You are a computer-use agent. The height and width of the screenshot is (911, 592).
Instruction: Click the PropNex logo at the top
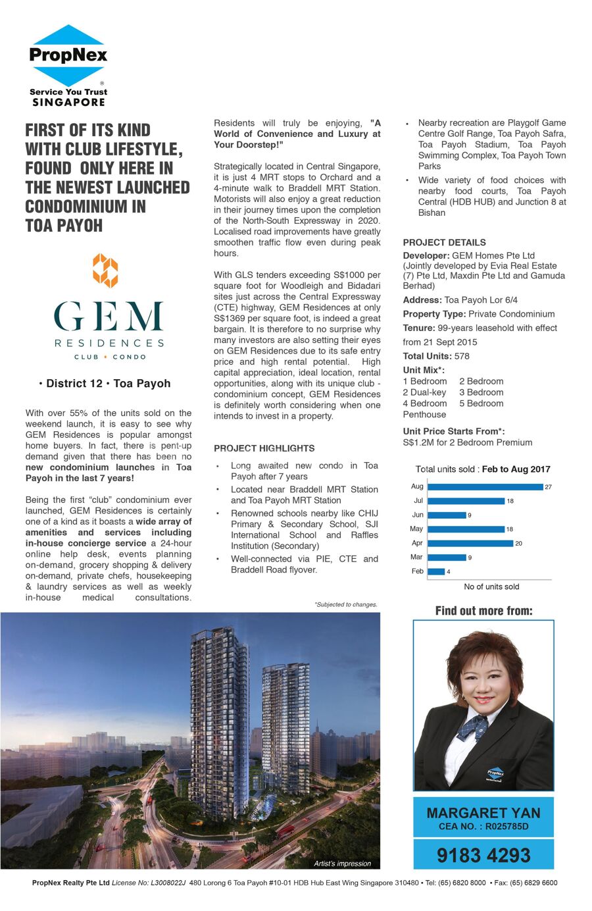pyautogui.click(x=68, y=65)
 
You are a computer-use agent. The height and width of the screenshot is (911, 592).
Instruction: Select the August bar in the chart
pyautogui.click(x=485, y=487)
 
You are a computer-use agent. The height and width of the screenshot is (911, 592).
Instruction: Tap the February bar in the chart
pyautogui.click(x=436, y=571)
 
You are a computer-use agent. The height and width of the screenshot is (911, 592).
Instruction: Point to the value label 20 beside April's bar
pyautogui.click(x=518, y=544)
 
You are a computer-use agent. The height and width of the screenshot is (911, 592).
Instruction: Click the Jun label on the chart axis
pyautogui.click(x=418, y=515)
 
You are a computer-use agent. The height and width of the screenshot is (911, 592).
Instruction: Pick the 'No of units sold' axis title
pyautogui.click(x=491, y=586)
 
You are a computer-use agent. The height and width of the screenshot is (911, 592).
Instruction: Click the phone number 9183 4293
pyautogui.click(x=483, y=855)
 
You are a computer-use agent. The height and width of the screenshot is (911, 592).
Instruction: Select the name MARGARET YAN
pyautogui.click(x=483, y=813)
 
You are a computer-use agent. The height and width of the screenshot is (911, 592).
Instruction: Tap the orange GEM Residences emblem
pyautogui.click(x=105, y=270)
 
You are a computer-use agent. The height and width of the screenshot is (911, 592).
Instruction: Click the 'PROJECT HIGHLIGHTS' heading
pyautogui.click(x=264, y=448)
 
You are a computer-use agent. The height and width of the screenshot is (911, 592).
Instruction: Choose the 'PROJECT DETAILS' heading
pyautogui.click(x=444, y=242)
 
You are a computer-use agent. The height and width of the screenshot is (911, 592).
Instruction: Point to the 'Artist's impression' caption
pyautogui.click(x=342, y=864)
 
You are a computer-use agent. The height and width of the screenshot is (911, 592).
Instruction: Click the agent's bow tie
pyautogui.click(x=473, y=728)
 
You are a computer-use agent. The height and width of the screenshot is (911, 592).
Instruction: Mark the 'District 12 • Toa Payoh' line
pyautogui.click(x=105, y=384)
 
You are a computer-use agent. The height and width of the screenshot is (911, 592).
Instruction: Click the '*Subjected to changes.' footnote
pyautogui.click(x=346, y=604)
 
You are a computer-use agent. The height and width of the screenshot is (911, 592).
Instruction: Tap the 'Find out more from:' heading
pyautogui.click(x=483, y=611)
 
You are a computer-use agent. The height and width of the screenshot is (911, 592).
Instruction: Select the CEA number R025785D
pyautogui.click(x=506, y=827)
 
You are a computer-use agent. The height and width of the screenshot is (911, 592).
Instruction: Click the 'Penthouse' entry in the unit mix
pyautogui.click(x=424, y=415)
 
